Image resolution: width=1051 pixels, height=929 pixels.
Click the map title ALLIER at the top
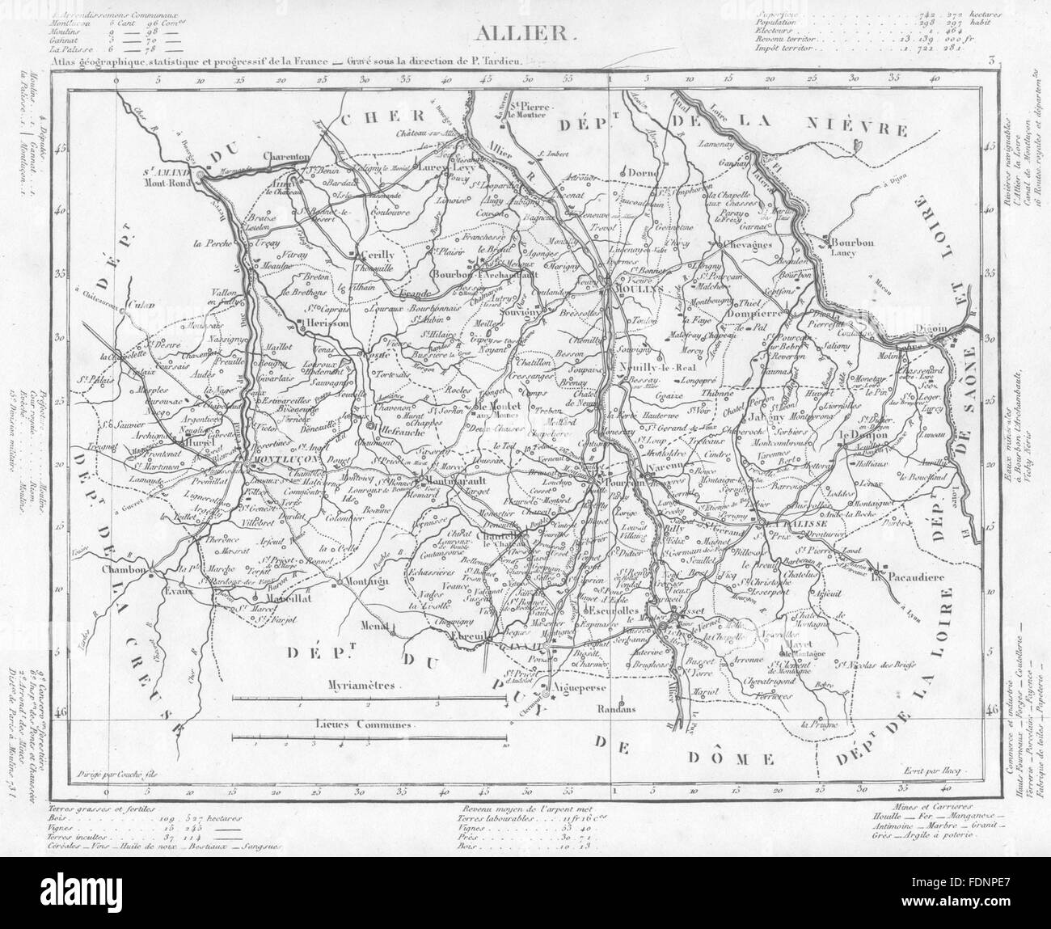click(x=525, y=33)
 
